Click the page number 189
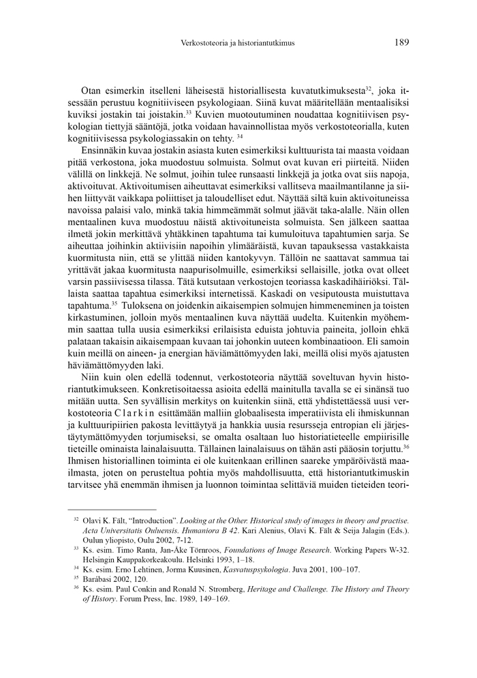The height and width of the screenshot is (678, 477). coord(401,42)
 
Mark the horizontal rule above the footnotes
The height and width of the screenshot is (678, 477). coord(112,509)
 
